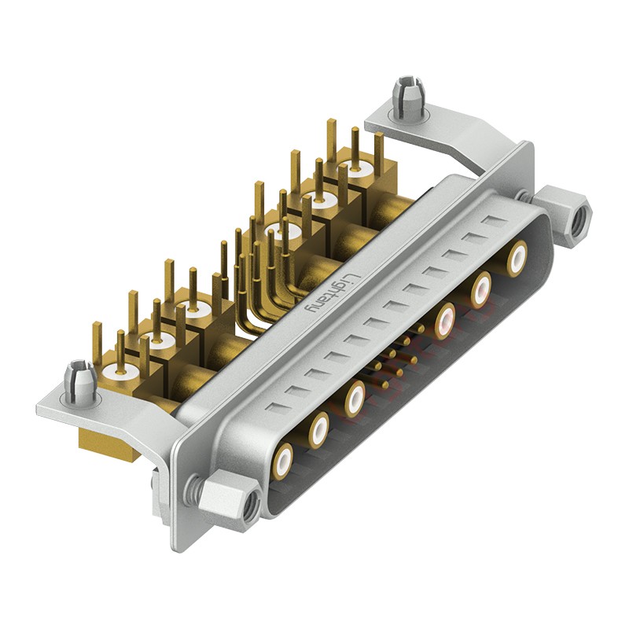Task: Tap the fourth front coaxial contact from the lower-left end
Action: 446,320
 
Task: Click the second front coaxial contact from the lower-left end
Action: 318,429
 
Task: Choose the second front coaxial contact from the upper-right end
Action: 480,289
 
